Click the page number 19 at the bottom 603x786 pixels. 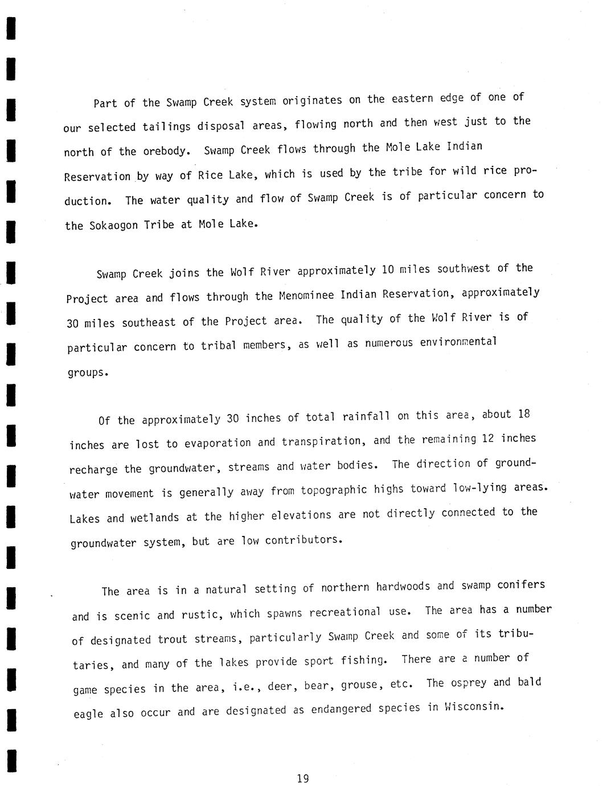point(302,778)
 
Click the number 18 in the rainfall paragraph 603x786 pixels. point(524,414)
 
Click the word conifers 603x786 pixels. point(520,584)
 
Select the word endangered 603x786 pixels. point(341,710)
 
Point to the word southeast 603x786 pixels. point(149,323)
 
